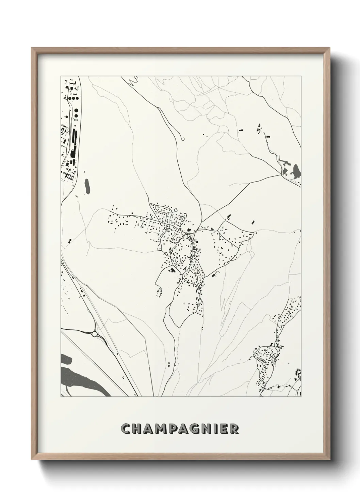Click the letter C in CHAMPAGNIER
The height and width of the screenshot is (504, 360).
click(x=126, y=429)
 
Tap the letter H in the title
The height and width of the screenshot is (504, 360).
click(x=138, y=429)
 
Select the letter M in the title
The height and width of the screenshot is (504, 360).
click(x=162, y=429)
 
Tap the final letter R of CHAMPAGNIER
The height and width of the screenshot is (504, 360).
click(x=234, y=429)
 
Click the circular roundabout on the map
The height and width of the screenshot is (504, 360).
click(x=94, y=334)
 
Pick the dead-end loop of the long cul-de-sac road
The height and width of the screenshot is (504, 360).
click(x=183, y=138)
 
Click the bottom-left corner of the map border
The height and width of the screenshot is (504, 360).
click(x=61, y=397)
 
